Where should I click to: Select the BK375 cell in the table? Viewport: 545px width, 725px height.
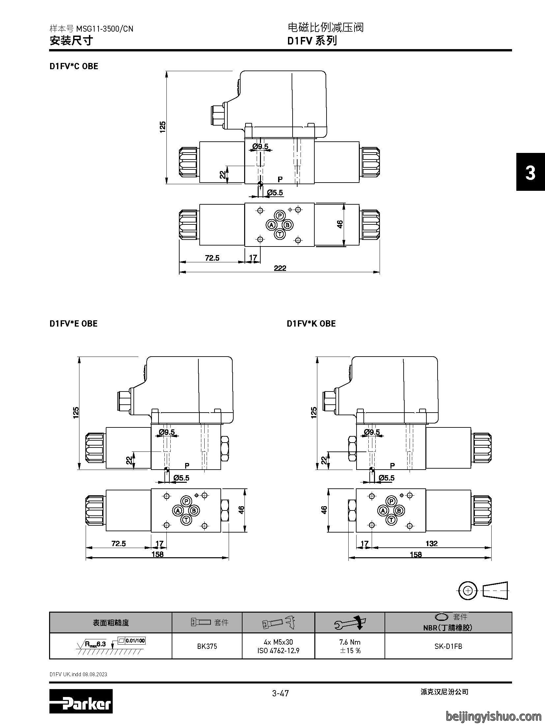click(207, 646)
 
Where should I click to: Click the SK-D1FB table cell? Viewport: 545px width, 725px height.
click(448, 646)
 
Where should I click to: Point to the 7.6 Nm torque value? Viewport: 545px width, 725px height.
click(350, 642)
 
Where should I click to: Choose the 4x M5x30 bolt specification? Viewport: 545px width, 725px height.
click(278, 642)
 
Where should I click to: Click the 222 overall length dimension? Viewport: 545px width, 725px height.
click(280, 268)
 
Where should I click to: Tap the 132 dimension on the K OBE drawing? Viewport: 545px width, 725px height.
click(431, 543)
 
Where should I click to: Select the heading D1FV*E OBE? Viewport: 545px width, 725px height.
click(73, 324)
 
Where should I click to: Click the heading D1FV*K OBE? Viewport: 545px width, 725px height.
click(311, 324)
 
